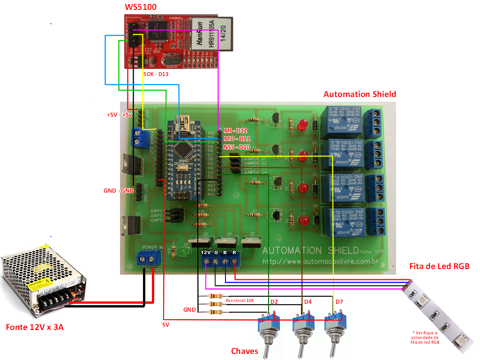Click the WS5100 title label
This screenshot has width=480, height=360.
pos(140,7)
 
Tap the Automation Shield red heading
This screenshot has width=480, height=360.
pos(360,94)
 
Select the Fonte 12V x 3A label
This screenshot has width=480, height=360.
pos(35,327)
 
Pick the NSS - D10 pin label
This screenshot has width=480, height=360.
pos(237,147)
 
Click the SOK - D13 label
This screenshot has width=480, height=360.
pos(156,74)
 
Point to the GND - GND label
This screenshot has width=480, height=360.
pos(119,191)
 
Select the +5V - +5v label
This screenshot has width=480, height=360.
pos(120,114)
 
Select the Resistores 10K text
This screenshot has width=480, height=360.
pos(240,300)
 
